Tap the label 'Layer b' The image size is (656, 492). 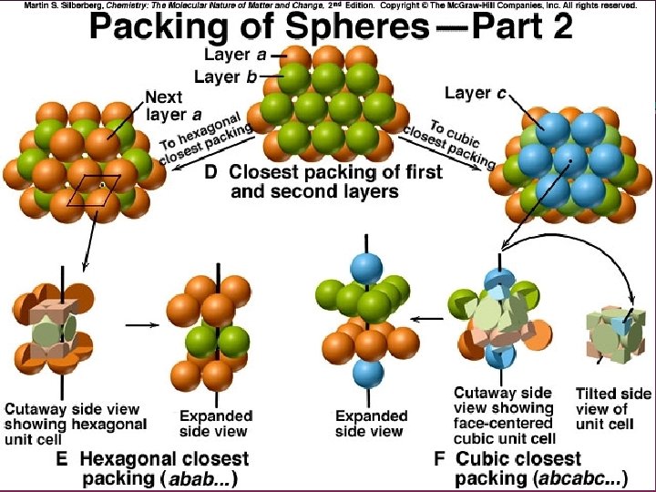pos(225,77)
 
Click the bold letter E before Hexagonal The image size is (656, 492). pos(62,459)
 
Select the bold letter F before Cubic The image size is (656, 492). pos(439,458)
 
